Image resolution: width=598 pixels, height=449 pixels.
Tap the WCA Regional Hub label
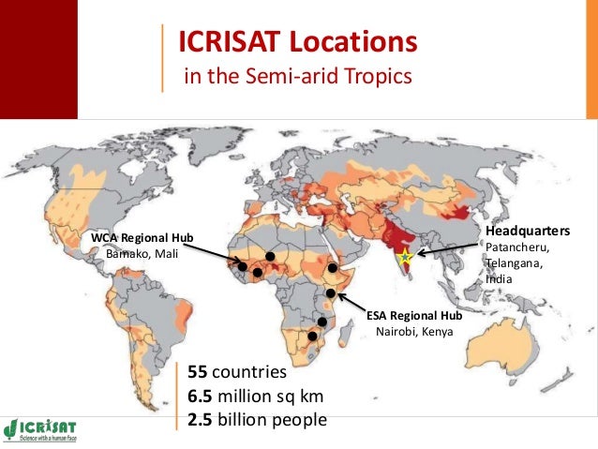pyautogui.click(x=142, y=238)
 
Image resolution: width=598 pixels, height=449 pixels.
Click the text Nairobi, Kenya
pyautogui.click(x=413, y=331)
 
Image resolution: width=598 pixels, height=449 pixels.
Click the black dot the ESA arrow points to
pyautogui.click(x=331, y=294)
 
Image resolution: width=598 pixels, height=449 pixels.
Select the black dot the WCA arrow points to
pyautogui.click(x=243, y=267)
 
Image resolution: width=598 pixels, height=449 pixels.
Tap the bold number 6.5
pyautogui.click(x=202, y=397)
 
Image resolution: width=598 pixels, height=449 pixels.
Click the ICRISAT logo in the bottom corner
pyautogui.click(x=42, y=427)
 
